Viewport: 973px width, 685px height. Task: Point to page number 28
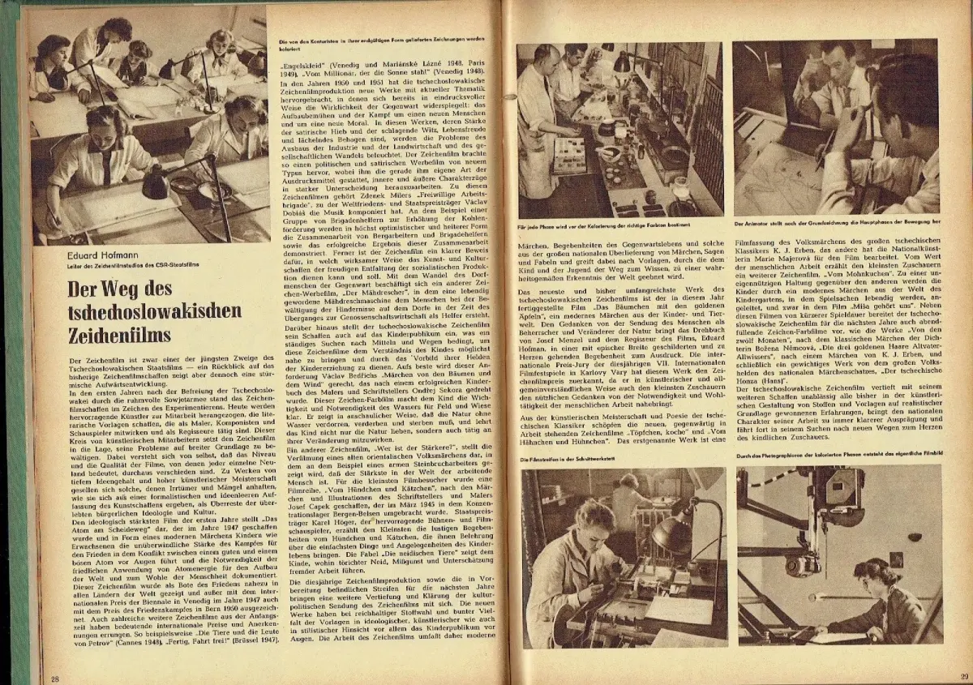[x=55, y=678]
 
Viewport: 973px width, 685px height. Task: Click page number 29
[x=962, y=676]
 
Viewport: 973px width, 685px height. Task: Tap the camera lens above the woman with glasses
[x=811, y=559]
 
